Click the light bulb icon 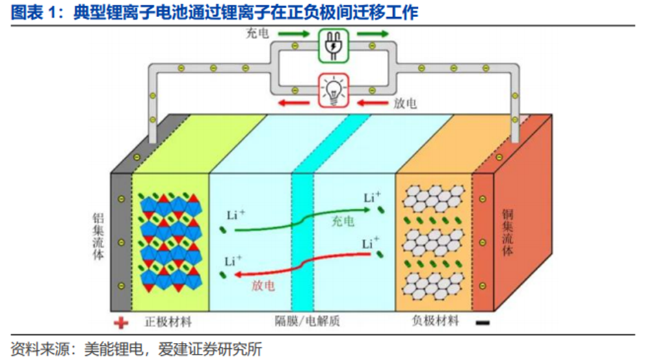(x=333, y=90)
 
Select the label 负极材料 (x=432, y=320)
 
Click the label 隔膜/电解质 (x=302, y=320)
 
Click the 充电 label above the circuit (x=256, y=32)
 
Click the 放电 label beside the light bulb (x=405, y=103)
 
